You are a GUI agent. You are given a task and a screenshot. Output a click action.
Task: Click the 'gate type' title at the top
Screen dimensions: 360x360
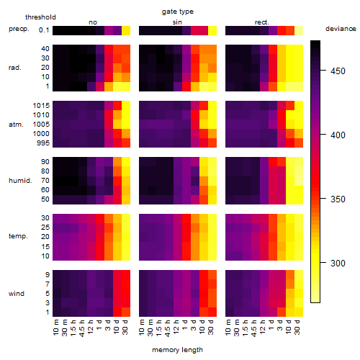178,12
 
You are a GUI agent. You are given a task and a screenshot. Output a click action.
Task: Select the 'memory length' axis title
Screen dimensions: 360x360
178,350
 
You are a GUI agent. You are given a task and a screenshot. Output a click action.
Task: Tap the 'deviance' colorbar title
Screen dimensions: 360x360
341,29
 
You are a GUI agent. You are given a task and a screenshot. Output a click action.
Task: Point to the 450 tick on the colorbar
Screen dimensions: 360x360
323,71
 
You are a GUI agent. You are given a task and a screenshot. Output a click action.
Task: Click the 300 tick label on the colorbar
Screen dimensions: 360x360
338,263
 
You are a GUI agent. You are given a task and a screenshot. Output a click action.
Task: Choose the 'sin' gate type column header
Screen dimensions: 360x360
177,22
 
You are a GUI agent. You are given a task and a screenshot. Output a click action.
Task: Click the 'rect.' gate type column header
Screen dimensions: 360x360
262,22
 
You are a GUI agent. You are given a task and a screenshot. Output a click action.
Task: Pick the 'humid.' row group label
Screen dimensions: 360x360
20,180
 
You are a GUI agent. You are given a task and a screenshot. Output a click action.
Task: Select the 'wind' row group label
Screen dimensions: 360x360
17,294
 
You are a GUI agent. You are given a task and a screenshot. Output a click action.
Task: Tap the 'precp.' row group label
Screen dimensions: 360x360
19,29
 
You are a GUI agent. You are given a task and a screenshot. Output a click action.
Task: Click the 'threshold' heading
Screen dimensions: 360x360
40,17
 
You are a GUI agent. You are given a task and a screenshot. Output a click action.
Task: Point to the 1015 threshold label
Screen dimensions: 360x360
41,105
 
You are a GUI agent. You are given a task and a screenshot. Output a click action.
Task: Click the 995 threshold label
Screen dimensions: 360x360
43,143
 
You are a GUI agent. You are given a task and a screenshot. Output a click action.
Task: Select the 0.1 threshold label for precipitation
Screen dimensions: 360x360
44,30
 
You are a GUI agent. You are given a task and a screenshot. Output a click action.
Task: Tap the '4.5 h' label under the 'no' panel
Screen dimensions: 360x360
82,328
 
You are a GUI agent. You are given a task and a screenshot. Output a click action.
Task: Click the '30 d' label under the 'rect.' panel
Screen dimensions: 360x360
297,327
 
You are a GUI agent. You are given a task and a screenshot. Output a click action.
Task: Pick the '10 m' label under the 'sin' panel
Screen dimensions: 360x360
143,327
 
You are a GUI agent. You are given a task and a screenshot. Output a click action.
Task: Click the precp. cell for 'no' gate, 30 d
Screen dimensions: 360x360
126,30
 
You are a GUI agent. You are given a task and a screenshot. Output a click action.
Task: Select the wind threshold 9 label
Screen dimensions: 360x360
48,275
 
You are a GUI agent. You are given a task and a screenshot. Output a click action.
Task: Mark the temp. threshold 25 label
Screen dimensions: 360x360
45,227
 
